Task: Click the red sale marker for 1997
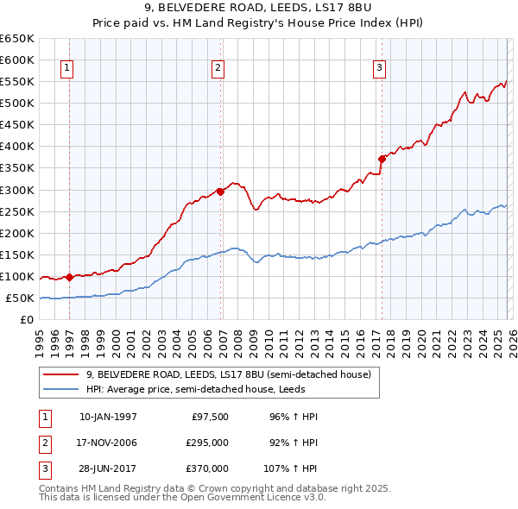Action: click(69, 277)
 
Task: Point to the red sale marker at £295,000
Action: click(220, 192)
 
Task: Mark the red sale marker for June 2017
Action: click(382, 159)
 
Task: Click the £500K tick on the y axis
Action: click(17, 103)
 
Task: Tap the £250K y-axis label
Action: click(17, 211)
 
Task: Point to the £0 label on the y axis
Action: click(26, 320)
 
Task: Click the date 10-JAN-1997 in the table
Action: click(108, 417)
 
